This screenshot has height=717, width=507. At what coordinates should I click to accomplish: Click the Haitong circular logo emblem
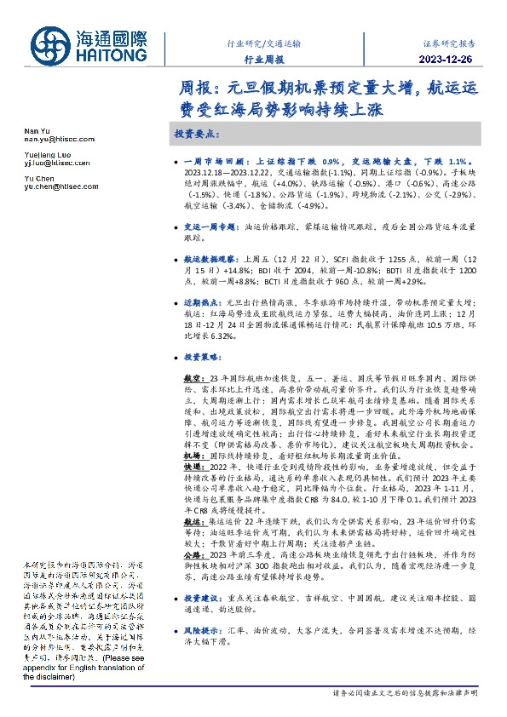(53, 43)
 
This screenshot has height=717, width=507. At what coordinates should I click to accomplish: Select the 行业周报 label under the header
(262, 59)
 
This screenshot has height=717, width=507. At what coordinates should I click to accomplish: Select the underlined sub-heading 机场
(192, 456)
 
